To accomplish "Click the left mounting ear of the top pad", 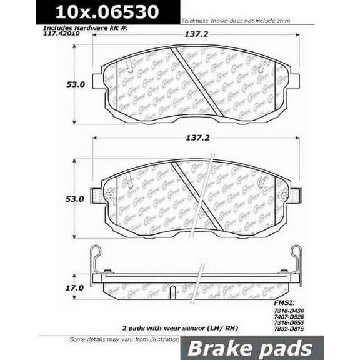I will (97, 82).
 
